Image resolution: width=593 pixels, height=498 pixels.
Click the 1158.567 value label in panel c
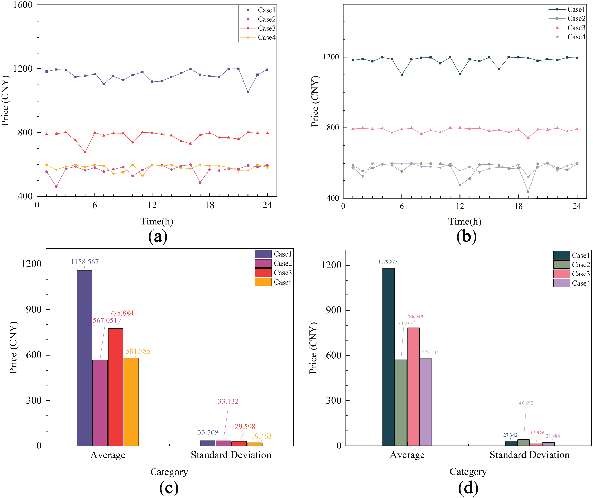click(84, 262)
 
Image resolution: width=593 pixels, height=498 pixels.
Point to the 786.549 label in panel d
click(414, 316)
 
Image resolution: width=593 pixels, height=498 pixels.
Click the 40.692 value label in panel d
click(526, 403)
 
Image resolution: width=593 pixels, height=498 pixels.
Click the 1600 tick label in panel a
click(23, 5)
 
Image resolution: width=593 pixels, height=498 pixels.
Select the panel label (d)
click(468, 488)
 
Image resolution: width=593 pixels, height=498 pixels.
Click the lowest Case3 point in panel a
click(85, 152)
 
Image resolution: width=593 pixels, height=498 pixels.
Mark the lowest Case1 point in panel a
click(248, 92)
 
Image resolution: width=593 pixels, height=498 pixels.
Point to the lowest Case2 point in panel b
click(528, 192)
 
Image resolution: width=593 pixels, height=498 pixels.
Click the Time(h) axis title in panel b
click(464, 221)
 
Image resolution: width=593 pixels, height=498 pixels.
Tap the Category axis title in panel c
click(169, 472)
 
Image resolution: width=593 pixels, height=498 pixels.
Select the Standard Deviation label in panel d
click(529, 455)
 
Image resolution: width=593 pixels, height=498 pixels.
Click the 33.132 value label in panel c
click(228, 401)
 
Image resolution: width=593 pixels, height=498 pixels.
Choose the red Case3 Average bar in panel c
click(116, 387)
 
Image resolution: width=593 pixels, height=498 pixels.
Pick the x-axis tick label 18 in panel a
click(209, 205)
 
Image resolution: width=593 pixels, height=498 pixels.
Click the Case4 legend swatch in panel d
click(561, 283)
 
